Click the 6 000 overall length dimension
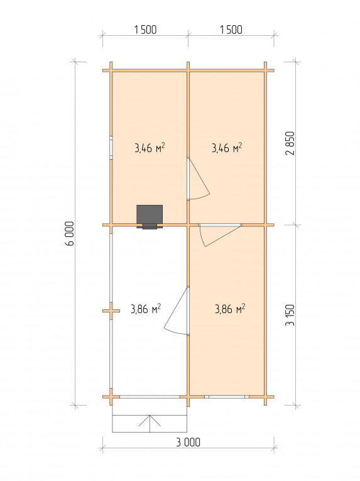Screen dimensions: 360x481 [x=70, y=233]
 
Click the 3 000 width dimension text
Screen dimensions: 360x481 [x=188, y=443]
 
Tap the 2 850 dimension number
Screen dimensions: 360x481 [x=290, y=143]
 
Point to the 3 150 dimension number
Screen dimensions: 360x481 [x=290, y=315]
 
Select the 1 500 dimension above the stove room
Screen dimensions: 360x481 [x=145, y=30]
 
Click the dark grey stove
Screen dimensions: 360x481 [x=150, y=215]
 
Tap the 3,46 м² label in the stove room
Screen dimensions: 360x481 [x=150, y=148]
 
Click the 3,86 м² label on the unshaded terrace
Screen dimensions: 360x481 [x=146, y=309]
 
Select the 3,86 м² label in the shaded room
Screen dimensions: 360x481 [x=230, y=309]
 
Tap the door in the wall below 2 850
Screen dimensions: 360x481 [x=219, y=235]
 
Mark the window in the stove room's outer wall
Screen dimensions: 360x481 [x=111, y=148]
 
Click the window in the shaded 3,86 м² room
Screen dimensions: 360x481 [x=227, y=397]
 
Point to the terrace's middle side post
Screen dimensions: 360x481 [x=111, y=311]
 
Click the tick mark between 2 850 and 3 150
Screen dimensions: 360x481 [x=296, y=225]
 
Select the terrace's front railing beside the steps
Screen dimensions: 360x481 [x=150, y=397]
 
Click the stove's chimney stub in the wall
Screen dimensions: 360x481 [x=150, y=226]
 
